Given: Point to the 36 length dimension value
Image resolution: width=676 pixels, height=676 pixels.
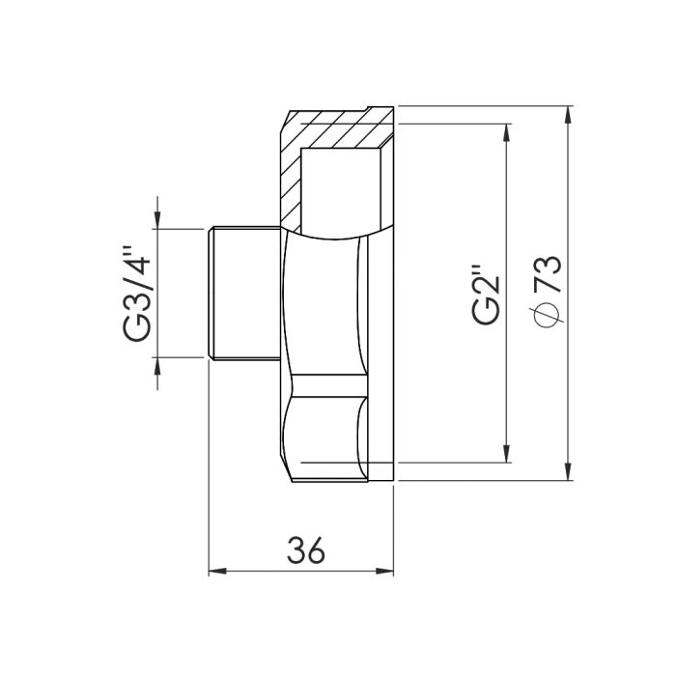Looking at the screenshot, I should (305, 549).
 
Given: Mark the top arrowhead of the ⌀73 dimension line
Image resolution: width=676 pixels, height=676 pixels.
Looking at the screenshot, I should (567, 114).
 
